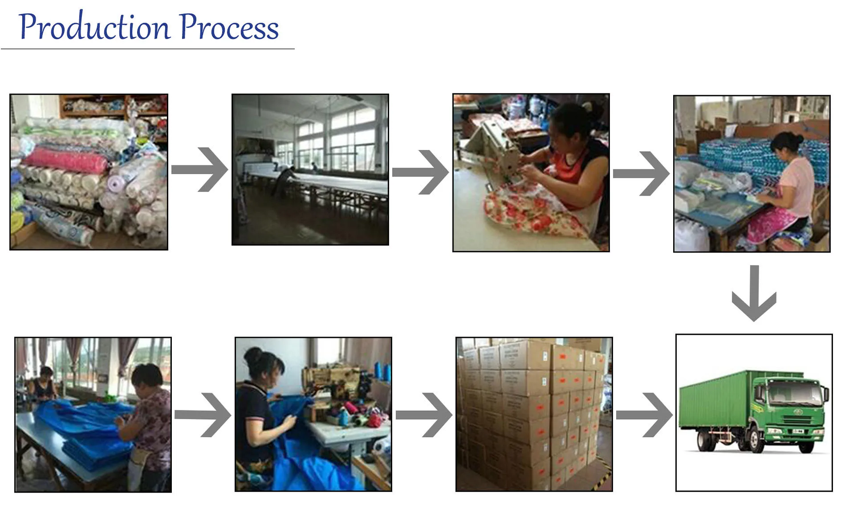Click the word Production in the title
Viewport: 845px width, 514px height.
click(94, 28)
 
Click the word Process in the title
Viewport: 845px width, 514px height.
click(229, 28)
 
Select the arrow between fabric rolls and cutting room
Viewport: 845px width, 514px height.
click(200, 169)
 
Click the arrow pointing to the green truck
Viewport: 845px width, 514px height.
click(645, 414)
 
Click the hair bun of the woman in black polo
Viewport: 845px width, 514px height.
click(254, 356)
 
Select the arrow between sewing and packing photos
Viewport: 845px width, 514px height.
click(642, 173)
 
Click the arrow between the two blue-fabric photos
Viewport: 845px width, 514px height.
click(203, 414)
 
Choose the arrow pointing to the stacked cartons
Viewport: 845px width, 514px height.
click(424, 414)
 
